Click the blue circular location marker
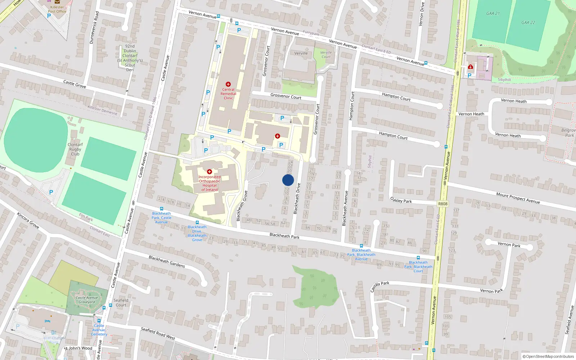point(288,180)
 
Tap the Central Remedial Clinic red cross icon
point(228,84)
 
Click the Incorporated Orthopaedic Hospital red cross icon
point(209,172)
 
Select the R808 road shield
point(443,204)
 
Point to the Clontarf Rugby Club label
point(75,149)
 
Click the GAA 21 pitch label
point(493,13)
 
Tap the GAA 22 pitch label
point(528,22)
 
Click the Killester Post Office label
point(57,9)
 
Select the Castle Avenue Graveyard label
point(87,300)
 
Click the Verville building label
point(301,53)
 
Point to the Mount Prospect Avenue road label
point(518,198)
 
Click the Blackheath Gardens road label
point(167,262)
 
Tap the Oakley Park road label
point(401,200)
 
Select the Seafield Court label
point(121,302)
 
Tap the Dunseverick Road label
point(94,28)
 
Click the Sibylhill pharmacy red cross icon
point(470,67)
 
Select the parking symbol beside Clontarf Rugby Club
point(51,192)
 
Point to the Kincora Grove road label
point(28,220)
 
